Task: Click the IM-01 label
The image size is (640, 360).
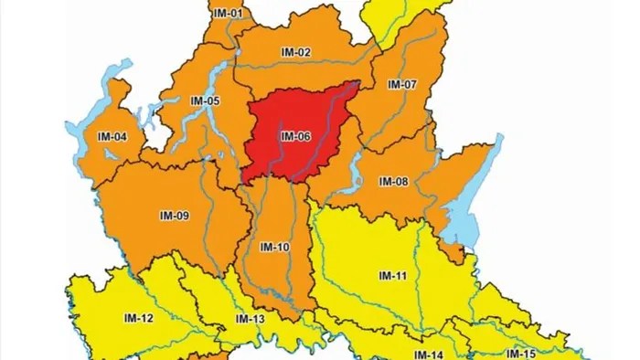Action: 229,14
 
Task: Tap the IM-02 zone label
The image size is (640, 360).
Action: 296,53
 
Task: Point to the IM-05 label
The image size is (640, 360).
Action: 204,101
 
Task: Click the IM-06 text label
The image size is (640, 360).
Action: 295,137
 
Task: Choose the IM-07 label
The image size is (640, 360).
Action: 402,84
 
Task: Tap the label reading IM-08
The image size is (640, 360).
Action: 393,182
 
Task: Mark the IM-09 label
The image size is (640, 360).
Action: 174,216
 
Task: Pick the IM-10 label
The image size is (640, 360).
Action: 274,248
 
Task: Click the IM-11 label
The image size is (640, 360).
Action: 393,275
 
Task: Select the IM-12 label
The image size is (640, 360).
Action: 138,318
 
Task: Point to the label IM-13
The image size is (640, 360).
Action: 250,319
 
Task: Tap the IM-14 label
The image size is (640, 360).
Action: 428,355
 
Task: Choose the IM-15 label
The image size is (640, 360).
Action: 521,354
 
